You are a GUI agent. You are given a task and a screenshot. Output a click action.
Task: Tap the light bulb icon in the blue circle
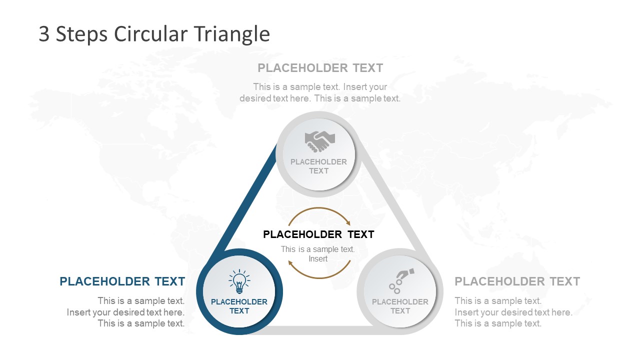(x=239, y=282)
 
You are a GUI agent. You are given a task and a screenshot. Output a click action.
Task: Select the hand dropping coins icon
(x=401, y=280)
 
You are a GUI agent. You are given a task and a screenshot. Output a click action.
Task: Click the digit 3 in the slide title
(x=44, y=34)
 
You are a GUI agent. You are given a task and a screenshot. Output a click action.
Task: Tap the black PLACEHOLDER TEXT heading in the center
(x=318, y=234)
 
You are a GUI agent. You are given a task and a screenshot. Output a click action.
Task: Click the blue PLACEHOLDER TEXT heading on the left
(x=122, y=281)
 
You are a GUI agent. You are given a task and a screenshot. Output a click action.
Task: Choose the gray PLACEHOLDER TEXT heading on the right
(x=517, y=281)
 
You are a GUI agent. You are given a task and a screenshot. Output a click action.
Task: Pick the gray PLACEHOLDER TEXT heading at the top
(x=320, y=68)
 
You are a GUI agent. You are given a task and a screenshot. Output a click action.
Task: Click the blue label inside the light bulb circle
(x=239, y=306)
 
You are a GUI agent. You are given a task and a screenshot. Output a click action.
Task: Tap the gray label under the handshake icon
(x=318, y=166)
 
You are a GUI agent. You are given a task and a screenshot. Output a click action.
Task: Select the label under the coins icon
(x=400, y=306)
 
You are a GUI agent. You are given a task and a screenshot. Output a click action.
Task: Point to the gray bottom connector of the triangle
(x=320, y=330)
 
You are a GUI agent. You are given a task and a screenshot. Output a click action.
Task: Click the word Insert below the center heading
(x=318, y=259)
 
